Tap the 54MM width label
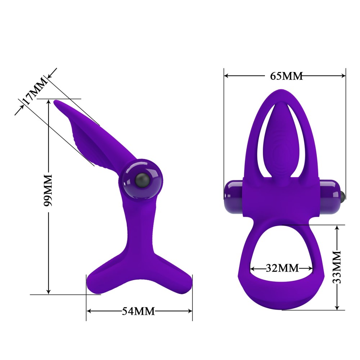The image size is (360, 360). point(139,311)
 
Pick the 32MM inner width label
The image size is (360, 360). point(282,268)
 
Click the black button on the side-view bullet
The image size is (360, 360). point(141,179)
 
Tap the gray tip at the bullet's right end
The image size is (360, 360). point(343,195)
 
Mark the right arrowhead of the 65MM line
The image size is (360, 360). point(343,76)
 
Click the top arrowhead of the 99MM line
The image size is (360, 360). point(49,102)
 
